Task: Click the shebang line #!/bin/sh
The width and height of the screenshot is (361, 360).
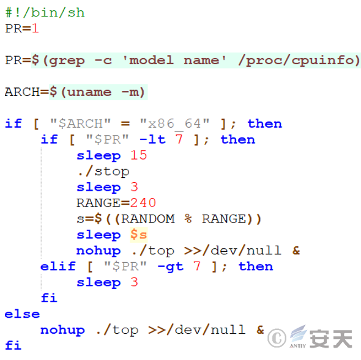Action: [45, 12]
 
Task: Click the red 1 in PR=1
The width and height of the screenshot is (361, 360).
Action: [35, 29]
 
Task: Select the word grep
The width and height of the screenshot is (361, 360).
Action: [67, 61]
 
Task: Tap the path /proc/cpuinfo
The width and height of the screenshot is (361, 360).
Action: [299, 61]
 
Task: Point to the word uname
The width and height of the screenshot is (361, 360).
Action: [89, 92]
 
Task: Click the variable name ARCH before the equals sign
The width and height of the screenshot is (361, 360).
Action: [22, 92]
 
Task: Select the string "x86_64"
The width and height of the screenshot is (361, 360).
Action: [174, 123]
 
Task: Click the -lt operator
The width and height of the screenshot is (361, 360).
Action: [152, 139]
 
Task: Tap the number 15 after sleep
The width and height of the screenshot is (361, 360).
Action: [139, 155]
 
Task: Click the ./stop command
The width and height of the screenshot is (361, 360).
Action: [103, 171]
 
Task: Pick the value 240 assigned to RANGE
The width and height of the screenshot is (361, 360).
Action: [143, 203]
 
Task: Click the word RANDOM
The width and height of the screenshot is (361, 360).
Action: [148, 219]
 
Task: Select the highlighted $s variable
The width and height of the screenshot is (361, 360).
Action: [139, 235]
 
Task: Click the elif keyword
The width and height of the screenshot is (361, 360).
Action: [58, 266]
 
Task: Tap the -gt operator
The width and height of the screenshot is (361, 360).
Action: [171, 267]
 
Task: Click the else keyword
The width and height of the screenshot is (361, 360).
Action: [22, 314]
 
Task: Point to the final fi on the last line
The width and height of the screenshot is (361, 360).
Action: [13, 345]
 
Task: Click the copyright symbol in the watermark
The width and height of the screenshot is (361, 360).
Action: [277, 338]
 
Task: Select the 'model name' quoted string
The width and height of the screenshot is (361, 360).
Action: [174, 61]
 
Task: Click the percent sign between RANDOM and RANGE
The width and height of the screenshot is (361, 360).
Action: [188, 219]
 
